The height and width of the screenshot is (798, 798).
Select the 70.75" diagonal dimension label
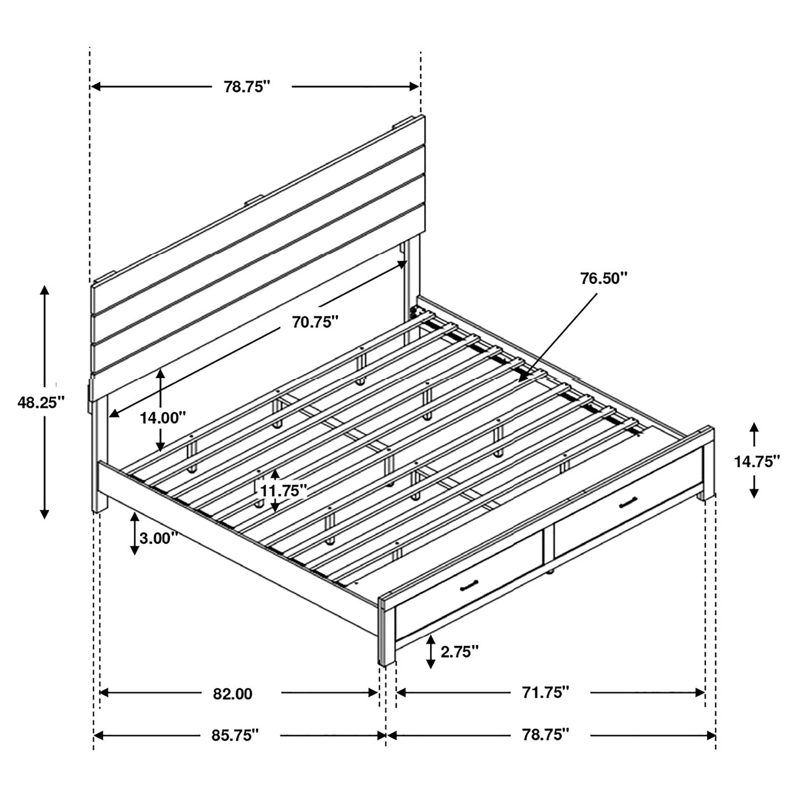(315, 321)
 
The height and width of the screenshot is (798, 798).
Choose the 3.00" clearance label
(158, 537)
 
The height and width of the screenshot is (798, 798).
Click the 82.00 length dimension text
(232, 694)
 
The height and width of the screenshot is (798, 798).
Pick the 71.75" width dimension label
(546, 692)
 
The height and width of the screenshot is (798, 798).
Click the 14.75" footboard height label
(757, 461)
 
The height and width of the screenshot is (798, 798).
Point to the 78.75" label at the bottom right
(546, 734)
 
